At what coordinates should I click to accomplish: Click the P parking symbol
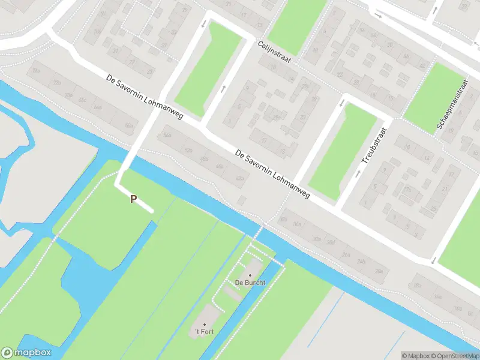click(133, 199)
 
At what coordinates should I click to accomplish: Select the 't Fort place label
click(203, 332)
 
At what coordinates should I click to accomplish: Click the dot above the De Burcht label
click(250, 275)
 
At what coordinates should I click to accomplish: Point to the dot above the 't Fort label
click(204, 324)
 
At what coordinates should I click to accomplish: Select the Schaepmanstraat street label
click(452, 106)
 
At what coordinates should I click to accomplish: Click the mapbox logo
click(26, 353)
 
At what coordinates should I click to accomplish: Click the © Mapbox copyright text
click(416, 356)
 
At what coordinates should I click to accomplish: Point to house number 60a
click(128, 125)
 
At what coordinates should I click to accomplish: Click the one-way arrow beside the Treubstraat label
click(359, 173)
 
